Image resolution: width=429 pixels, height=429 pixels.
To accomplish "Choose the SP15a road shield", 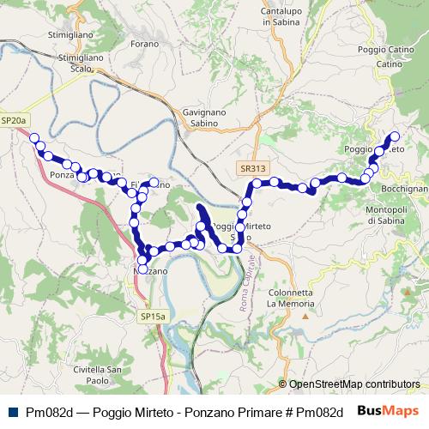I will click(x=153, y=317).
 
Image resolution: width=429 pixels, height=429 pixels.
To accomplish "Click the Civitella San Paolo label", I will click(x=101, y=375).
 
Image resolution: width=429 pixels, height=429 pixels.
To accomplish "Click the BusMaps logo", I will click(x=387, y=411).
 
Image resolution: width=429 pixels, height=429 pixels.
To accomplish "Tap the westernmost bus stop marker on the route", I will click(x=34, y=137).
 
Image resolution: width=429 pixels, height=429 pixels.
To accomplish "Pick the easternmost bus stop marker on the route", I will click(x=396, y=136).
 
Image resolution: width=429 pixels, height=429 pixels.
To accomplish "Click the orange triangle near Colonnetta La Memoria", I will click(x=305, y=315).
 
